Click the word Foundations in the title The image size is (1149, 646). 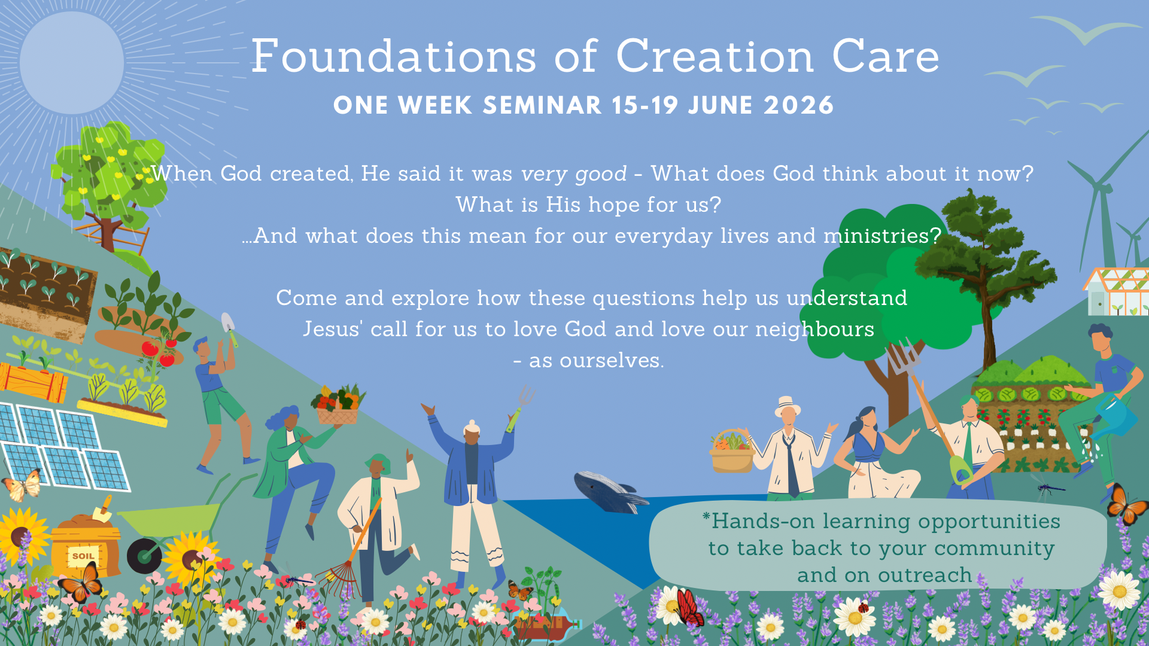(x=394, y=56)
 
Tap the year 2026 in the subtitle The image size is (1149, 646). (x=798, y=105)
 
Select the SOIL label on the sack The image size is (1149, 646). (x=83, y=556)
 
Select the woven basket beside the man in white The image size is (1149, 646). (x=731, y=452)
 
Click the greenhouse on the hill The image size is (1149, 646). (x=1115, y=291)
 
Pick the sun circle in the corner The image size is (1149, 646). (x=72, y=63)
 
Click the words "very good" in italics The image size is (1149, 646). (x=574, y=173)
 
